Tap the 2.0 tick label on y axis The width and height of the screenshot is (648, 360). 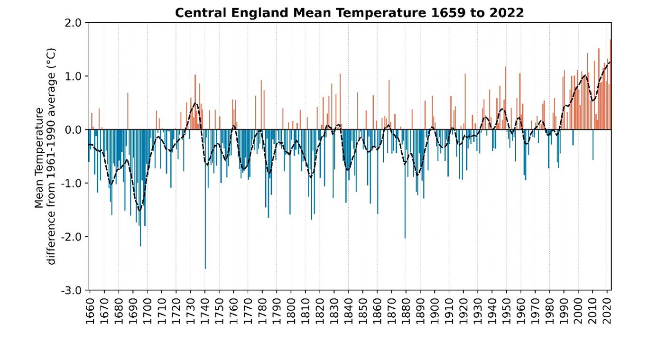(x=74, y=23)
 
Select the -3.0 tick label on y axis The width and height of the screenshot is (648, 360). (x=72, y=290)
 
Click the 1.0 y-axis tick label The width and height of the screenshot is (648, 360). (x=74, y=76)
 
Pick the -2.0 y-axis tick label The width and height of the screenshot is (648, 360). (x=72, y=237)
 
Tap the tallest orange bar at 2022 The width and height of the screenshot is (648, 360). (x=611, y=85)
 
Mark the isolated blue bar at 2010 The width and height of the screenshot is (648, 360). (x=593, y=145)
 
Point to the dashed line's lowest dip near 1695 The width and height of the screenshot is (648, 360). (x=140, y=211)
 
